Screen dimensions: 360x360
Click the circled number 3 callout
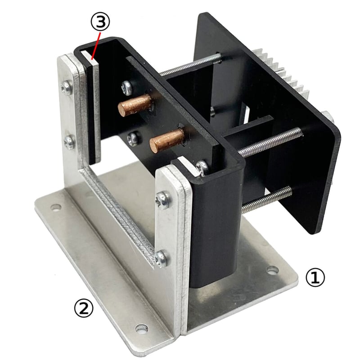(100, 22)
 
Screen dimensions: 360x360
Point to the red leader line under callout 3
(95, 46)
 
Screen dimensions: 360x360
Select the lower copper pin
(167, 140)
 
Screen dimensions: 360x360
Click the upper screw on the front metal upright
(163, 200)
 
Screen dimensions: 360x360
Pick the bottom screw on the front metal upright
(162, 258)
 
